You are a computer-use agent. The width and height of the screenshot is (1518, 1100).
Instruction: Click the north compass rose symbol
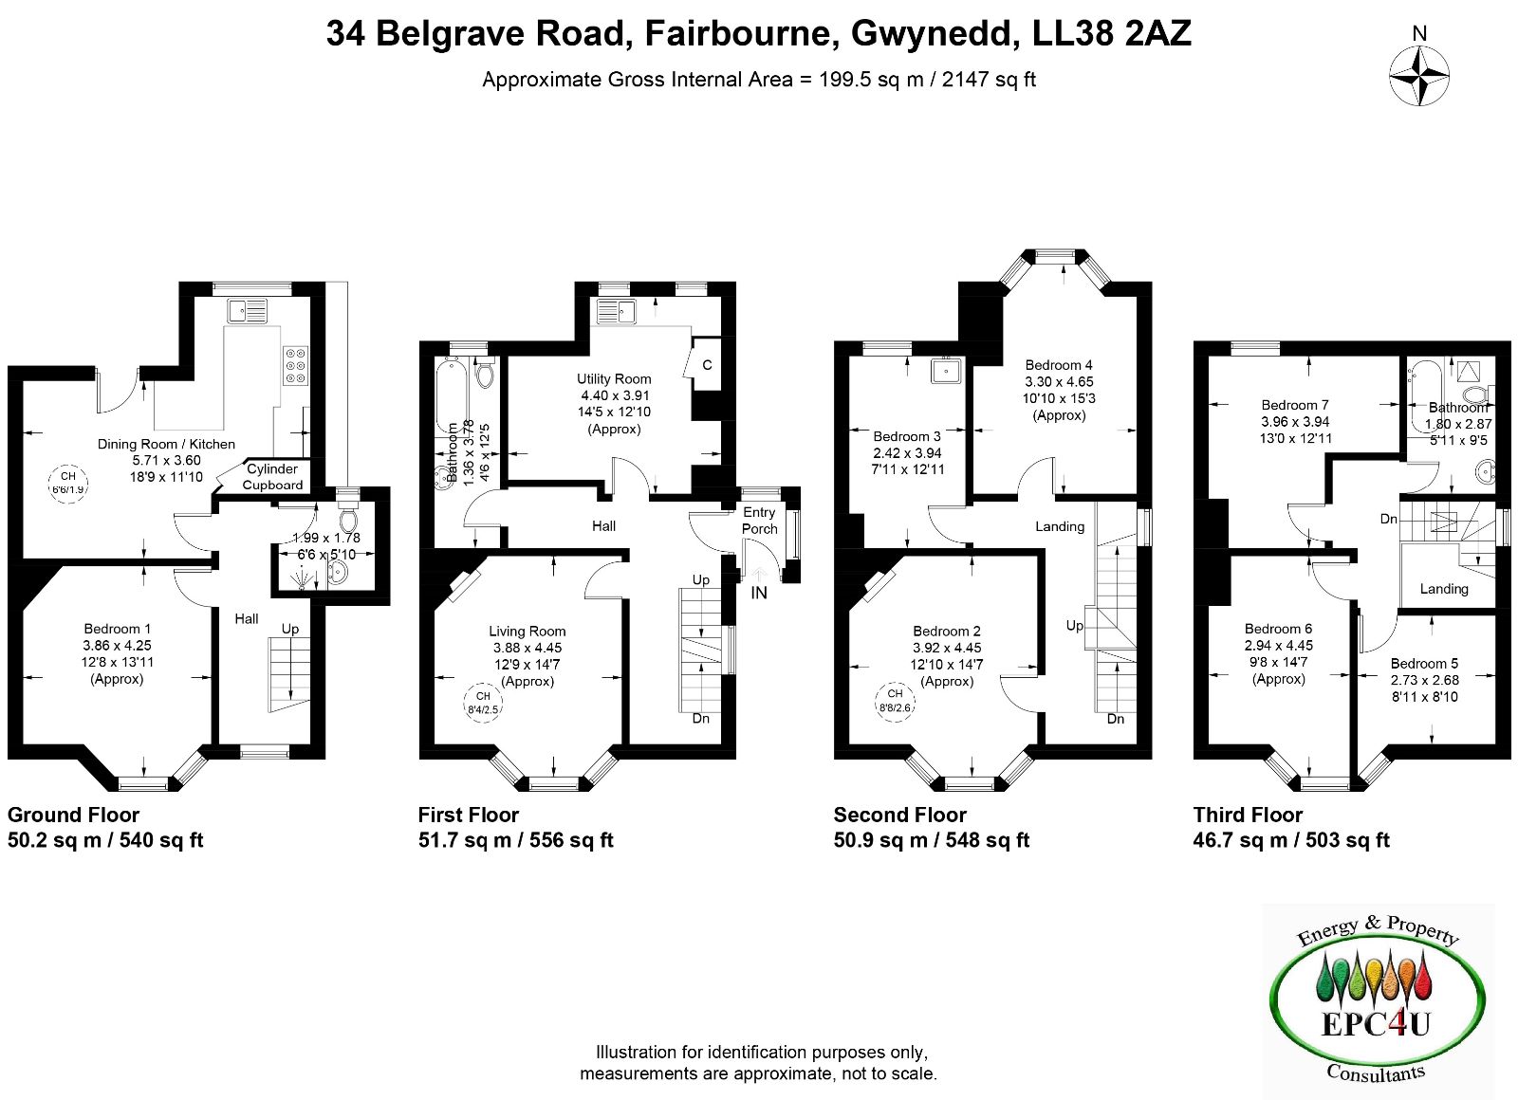tap(1419, 77)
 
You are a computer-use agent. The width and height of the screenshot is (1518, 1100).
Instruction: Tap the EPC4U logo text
tap(1377, 1023)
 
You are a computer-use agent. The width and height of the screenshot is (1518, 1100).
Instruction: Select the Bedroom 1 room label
tap(118, 630)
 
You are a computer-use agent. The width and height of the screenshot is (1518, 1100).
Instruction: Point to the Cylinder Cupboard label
tap(272, 477)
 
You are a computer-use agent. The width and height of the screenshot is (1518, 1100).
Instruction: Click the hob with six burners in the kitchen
tap(295, 365)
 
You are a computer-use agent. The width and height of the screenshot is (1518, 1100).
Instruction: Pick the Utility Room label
tap(614, 379)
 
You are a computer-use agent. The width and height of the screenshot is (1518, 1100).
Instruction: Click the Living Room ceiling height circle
tap(483, 703)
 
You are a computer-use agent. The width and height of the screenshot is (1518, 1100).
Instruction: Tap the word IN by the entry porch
tap(759, 593)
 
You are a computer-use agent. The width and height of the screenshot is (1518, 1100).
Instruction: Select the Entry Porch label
tap(759, 521)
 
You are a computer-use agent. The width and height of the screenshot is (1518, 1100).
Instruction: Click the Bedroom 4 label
tap(1059, 366)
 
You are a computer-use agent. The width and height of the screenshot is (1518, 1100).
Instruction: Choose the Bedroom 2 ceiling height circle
tap(895, 703)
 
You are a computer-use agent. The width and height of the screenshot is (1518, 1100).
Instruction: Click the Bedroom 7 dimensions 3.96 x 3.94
tap(1295, 421)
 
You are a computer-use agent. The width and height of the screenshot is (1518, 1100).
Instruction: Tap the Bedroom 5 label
tap(1424, 664)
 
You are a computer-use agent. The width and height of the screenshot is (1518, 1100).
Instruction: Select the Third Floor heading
tap(1248, 815)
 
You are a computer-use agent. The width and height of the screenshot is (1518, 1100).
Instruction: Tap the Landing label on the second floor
tap(1060, 526)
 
